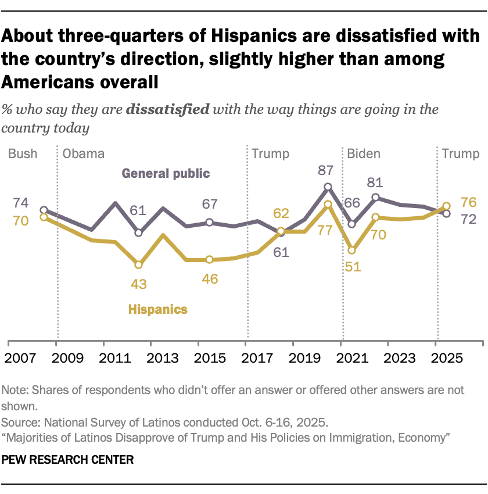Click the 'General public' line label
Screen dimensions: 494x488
tap(166, 173)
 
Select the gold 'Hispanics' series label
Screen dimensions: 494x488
tap(158, 309)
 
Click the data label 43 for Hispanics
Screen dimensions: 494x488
tap(138, 284)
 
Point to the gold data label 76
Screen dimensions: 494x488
tap(468, 202)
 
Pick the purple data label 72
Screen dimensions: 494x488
tap(468, 219)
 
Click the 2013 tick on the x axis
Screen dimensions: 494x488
tap(151, 356)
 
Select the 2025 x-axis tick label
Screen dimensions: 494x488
tap(437, 356)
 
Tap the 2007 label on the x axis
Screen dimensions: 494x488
tap(20, 356)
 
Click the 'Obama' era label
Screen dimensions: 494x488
tap(83, 154)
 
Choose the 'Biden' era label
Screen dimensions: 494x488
tap(364, 154)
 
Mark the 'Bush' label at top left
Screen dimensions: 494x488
tap(23, 154)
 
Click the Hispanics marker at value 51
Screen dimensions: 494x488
tap(352, 250)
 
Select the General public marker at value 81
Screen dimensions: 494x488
tap(376, 198)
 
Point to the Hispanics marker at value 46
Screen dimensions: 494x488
tap(209, 260)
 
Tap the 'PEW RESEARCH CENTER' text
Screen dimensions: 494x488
tap(68, 460)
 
